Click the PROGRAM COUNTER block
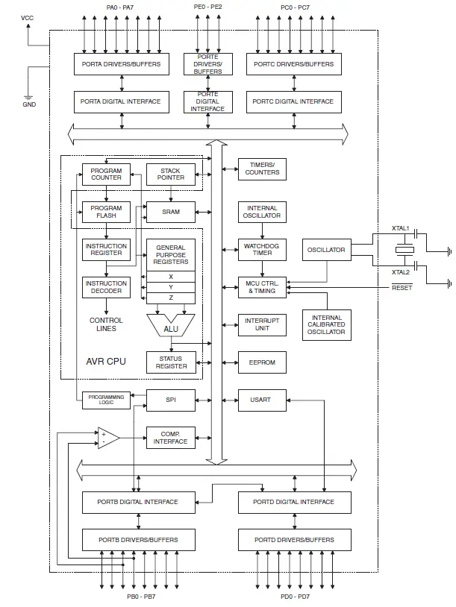tap(106, 174)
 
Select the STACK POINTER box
tap(170, 174)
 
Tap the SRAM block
tap(170, 212)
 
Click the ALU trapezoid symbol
tap(170, 324)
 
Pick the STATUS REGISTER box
tap(170, 362)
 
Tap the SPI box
tap(170, 400)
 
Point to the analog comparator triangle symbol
tap(107, 438)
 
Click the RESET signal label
tap(402, 288)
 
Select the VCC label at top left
tap(27, 16)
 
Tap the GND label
tap(28, 104)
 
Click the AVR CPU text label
tap(106, 362)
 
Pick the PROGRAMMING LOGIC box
tap(106, 400)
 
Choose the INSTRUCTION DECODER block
tap(106, 287)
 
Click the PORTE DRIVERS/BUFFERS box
tap(207, 64)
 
